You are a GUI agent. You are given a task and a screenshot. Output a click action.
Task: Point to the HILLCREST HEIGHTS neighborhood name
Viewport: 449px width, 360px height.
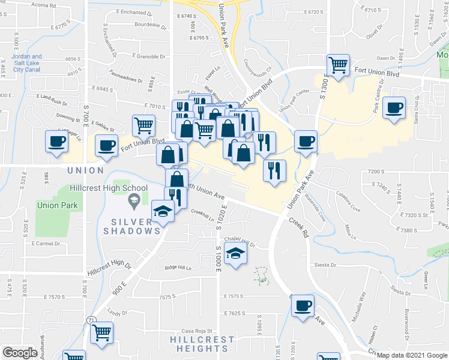click(193, 344)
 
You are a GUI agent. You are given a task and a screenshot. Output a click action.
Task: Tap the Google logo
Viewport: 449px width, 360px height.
click(20, 352)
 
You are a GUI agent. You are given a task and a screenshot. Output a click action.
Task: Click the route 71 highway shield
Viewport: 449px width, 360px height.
click(89, 320)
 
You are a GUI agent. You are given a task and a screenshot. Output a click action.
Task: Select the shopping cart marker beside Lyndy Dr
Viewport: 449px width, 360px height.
click(102, 331)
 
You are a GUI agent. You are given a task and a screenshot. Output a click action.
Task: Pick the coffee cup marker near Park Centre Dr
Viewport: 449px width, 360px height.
click(394, 108)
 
